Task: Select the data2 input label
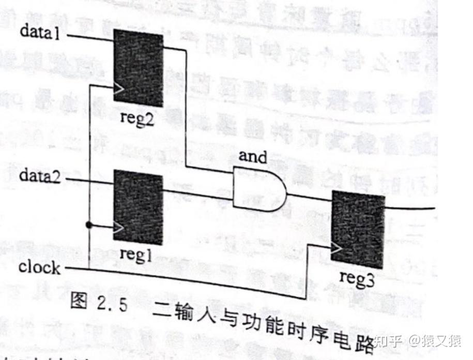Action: pyautogui.click(x=40, y=176)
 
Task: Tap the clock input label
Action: pyautogui.click(x=39, y=267)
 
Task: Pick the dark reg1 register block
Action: pyautogui.click(x=138, y=207)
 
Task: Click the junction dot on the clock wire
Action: pyautogui.click(x=89, y=225)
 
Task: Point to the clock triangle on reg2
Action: pyautogui.click(x=119, y=88)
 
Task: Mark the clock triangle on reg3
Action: pyautogui.click(x=337, y=249)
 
